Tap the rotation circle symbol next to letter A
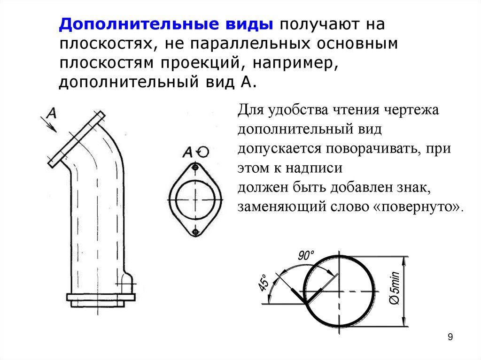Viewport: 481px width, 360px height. [203, 151]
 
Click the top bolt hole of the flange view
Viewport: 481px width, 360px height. [195, 168]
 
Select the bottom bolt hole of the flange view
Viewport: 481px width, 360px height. [195, 231]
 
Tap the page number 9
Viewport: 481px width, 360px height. [450, 337]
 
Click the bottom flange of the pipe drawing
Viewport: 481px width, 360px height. [101, 298]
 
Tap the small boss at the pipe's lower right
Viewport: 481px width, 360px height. [127, 284]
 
